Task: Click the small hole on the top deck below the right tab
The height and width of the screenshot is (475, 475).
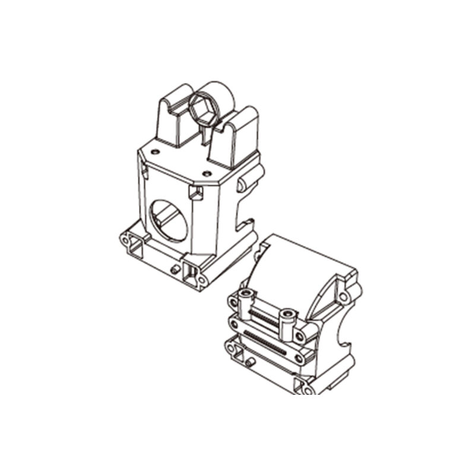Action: coord(206,173)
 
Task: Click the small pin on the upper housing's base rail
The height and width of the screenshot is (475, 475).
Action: coord(175,269)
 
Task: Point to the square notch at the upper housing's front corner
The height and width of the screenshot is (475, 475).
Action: coord(195,192)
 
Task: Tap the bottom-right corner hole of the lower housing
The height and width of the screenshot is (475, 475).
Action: coord(308,389)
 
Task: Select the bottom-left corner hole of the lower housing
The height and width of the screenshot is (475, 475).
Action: coord(229,343)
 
